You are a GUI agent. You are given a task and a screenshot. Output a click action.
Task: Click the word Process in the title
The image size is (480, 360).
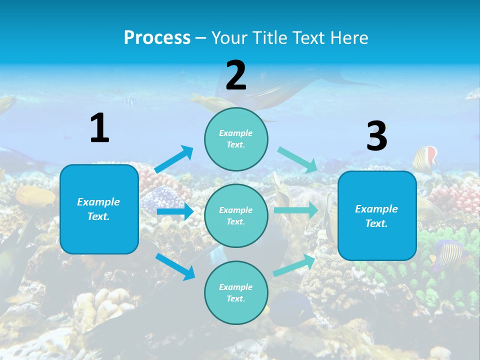(x=157, y=37)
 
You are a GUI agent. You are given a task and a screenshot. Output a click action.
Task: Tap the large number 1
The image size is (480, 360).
(x=99, y=128)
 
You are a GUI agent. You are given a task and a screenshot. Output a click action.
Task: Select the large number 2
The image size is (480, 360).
(x=236, y=75)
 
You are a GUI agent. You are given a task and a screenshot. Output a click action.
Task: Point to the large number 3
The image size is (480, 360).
(x=377, y=136)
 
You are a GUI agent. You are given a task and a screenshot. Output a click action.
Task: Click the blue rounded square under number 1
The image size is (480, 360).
(x=99, y=209)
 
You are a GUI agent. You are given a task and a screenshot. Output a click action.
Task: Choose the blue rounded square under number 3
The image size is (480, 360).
(x=377, y=215)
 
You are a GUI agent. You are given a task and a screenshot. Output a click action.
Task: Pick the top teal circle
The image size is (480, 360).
(x=236, y=138)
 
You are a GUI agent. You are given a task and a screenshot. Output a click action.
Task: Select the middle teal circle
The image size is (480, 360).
(x=236, y=215)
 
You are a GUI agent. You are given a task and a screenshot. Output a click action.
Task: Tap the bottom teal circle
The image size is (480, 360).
(x=236, y=292)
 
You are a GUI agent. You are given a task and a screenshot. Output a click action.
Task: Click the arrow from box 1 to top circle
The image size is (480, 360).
(x=174, y=159)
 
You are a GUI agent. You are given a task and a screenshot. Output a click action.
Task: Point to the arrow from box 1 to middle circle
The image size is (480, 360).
(x=175, y=211)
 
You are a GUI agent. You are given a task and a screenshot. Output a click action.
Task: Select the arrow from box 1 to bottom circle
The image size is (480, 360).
(x=175, y=266)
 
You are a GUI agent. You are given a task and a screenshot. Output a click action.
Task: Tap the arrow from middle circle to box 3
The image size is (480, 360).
(x=295, y=210)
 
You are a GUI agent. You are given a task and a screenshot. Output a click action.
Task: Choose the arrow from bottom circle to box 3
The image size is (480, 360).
(x=294, y=265)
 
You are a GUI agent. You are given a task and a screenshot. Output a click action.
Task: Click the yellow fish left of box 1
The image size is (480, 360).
(x=35, y=196)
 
